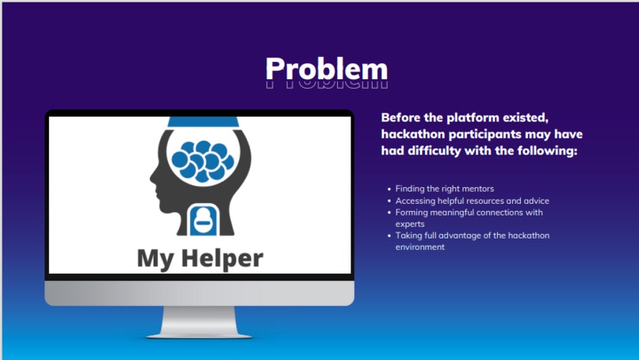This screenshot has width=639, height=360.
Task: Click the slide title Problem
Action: [326, 69]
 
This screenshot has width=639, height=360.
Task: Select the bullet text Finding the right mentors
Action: [445, 189]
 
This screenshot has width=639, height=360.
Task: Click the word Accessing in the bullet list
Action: [415, 201]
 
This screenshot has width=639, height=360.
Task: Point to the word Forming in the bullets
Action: [411, 212]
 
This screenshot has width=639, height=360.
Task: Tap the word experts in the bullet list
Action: [410, 224]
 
